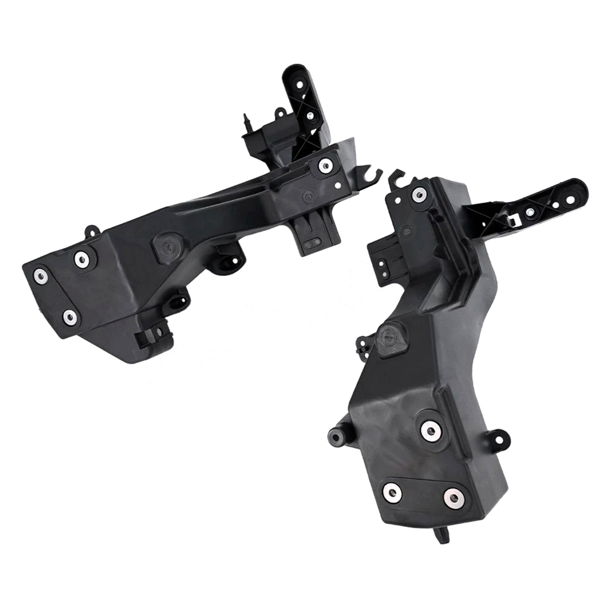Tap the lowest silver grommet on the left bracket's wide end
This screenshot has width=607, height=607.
point(70,316)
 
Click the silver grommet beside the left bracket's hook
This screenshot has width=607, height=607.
point(325,164)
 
